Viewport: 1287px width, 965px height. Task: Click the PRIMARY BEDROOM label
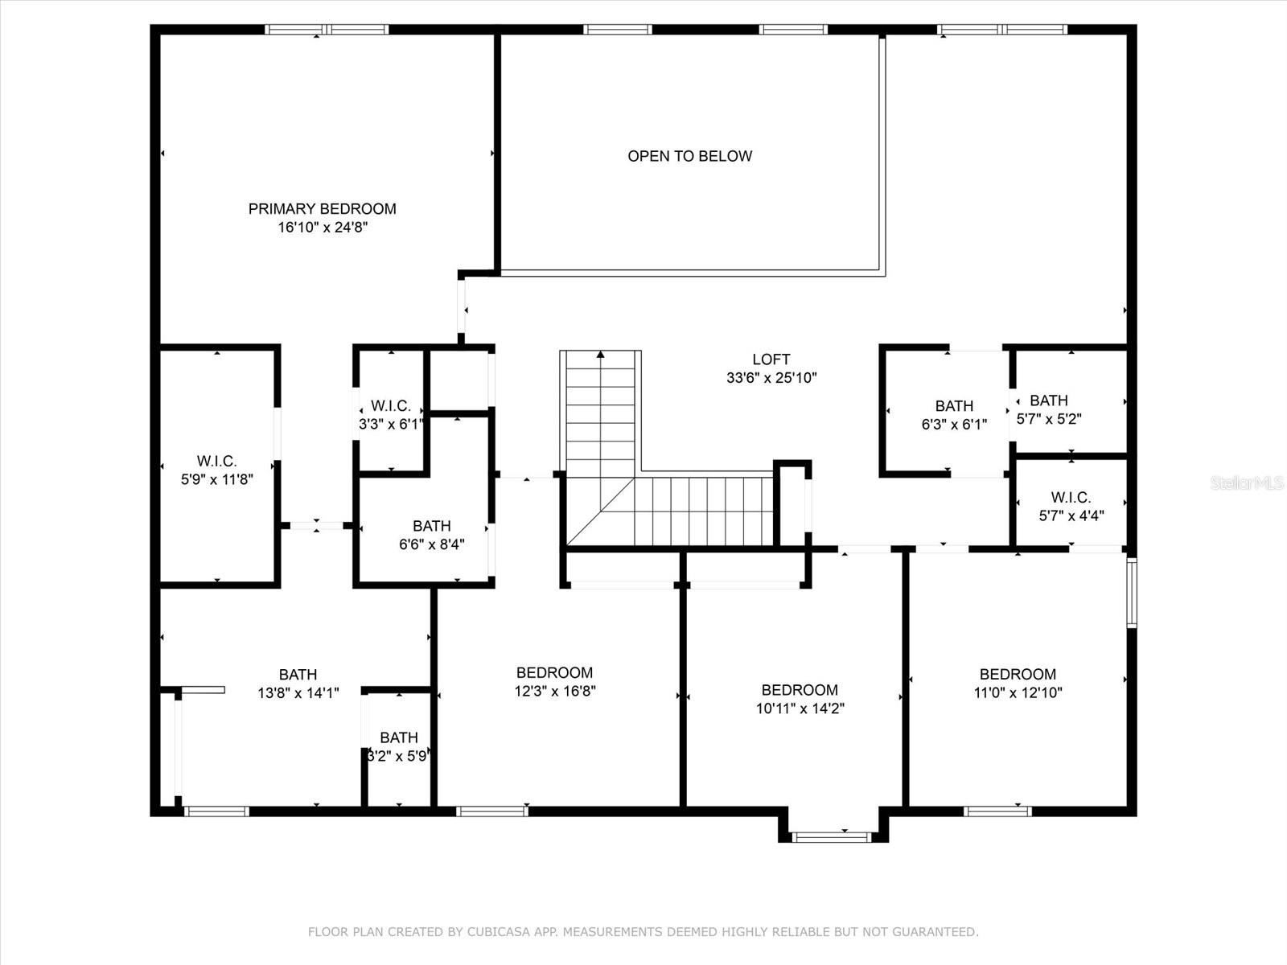pos(322,209)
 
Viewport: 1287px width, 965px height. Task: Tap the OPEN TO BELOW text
pos(689,156)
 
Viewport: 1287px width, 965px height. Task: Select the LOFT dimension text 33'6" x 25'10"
pos(771,378)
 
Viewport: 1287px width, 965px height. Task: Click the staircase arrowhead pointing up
pos(600,354)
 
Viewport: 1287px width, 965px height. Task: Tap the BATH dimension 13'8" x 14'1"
pos(298,693)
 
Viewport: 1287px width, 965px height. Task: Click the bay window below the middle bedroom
pos(832,837)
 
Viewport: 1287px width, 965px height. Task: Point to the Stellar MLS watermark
pos(1248,482)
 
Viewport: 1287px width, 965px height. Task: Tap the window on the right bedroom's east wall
pos(1131,593)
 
